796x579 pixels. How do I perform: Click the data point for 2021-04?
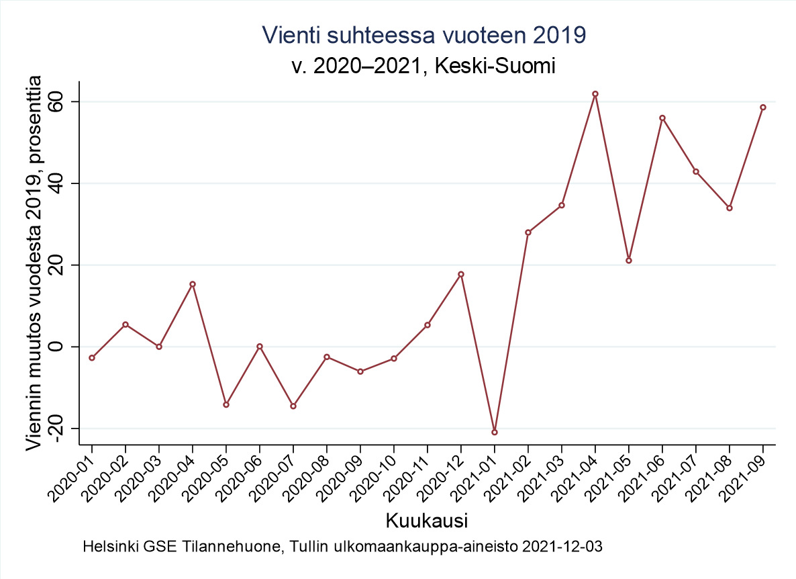595,94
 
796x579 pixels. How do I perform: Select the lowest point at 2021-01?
495,432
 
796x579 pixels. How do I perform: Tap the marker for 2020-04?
193,284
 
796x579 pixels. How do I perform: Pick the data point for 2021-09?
763,107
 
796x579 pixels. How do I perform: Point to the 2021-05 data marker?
629,261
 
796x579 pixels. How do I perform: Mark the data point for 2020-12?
461,274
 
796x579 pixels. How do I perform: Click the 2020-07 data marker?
293,406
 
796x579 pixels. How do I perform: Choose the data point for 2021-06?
662,118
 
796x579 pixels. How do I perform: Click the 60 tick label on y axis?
64,102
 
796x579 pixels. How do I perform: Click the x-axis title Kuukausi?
426,521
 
